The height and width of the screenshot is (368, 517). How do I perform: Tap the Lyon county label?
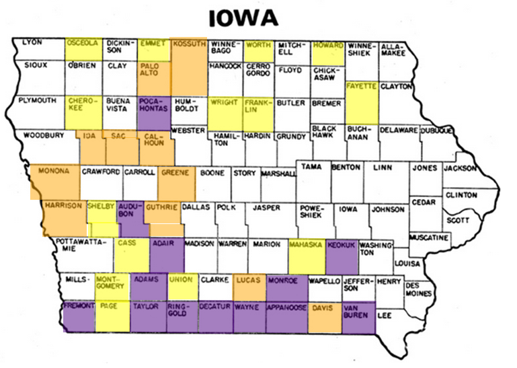coord(32,42)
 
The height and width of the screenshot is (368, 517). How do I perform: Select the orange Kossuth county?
coord(189,67)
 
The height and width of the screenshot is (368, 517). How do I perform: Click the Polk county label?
coord(226,208)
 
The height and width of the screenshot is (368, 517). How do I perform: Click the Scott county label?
coord(458,220)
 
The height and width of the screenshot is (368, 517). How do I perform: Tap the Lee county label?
coord(385,315)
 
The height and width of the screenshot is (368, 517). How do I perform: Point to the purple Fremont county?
coord(79,316)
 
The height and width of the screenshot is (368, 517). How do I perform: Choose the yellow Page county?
coord(112,316)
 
